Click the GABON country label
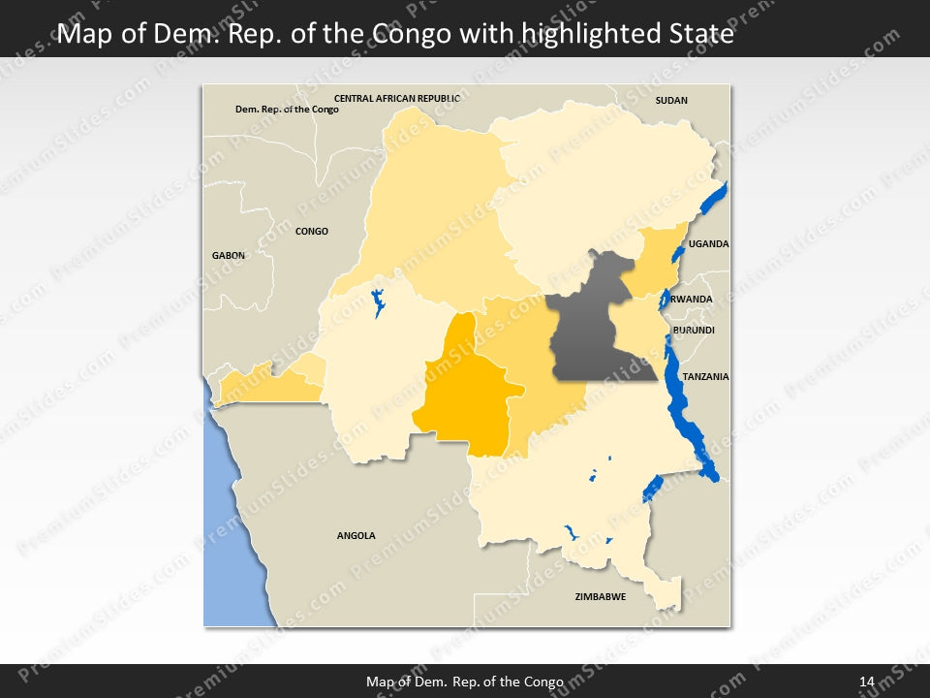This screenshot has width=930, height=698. click(229, 255)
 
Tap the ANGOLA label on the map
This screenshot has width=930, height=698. click(356, 535)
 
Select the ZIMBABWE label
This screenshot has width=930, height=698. click(600, 596)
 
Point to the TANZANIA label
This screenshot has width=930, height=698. click(704, 376)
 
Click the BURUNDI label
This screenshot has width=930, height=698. click(694, 330)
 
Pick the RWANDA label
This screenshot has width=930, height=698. click(692, 299)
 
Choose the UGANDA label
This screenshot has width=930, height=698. click(708, 244)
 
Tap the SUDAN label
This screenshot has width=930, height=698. click(671, 100)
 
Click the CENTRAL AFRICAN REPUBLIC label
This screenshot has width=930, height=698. click(396, 98)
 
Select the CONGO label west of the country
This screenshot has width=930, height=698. click(312, 231)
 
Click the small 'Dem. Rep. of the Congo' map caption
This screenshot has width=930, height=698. click(287, 110)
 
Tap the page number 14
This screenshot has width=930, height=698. click(867, 682)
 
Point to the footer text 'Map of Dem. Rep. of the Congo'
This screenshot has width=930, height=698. click(464, 682)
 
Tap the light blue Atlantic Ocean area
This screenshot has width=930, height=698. click(228, 543)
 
